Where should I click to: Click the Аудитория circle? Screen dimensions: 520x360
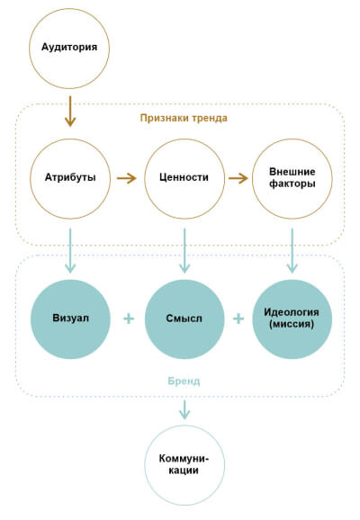pos(69,46)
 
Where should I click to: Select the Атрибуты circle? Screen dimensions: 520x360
pos(69,178)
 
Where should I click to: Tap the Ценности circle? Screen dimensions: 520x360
pos(184,178)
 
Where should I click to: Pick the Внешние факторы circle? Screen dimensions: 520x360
pos(292,178)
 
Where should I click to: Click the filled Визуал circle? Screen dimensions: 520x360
pos(69,318)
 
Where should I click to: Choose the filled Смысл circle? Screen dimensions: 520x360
pos(184,318)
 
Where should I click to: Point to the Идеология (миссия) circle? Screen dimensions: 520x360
pos(292,318)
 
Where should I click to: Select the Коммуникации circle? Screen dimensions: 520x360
pos(184,464)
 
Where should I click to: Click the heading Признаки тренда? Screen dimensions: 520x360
pos(184,118)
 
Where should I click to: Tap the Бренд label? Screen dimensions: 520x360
pos(184,381)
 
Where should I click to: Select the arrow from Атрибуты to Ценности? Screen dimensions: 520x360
pos(126,178)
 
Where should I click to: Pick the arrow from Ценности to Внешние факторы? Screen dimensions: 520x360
pos(238,178)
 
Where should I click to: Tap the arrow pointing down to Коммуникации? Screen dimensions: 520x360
pos(184,409)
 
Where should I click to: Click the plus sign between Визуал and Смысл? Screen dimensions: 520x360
pos(128,318)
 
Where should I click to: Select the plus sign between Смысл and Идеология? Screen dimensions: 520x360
pos(238,318)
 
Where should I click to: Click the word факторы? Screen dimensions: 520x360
pos(292,185)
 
